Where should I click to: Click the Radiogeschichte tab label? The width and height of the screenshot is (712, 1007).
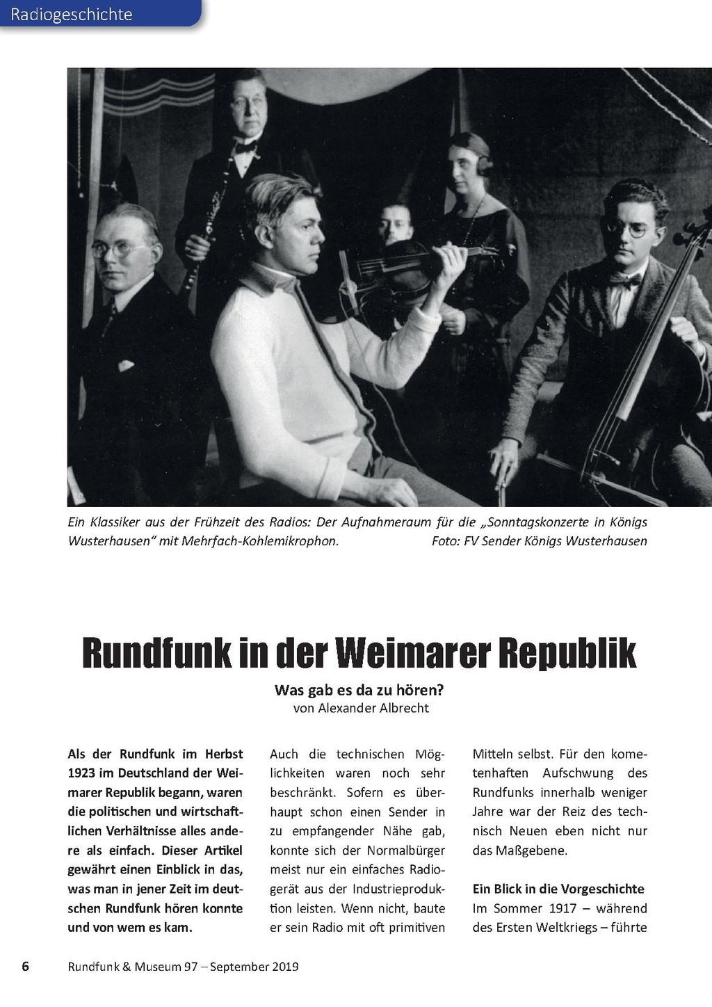72,14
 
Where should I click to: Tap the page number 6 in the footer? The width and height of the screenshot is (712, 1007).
26,966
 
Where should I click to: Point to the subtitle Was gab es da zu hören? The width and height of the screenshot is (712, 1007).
359,690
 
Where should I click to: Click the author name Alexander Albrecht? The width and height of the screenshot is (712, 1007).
373,708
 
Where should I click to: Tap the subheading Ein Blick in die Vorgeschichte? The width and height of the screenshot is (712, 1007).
558,889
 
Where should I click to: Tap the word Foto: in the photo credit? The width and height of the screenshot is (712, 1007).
446,540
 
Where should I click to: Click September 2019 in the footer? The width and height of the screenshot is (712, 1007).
254,966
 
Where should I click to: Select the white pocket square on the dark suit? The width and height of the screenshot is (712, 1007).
126,365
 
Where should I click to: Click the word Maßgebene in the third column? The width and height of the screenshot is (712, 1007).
528,850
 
